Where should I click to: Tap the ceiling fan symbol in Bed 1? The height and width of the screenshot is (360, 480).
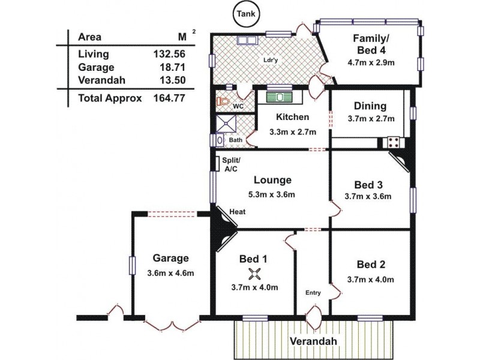(x=254, y=275)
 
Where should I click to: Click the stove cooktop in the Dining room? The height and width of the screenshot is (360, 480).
(x=394, y=143)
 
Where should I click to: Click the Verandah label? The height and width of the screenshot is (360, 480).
(x=314, y=341)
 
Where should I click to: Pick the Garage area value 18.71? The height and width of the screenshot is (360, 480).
(x=167, y=68)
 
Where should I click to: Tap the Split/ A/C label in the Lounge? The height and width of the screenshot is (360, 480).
(x=231, y=165)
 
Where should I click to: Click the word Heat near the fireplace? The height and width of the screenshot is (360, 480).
(x=238, y=212)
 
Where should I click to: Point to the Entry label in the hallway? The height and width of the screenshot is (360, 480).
(x=313, y=293)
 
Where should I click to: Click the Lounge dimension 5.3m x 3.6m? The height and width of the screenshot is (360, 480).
(x=272, y=194)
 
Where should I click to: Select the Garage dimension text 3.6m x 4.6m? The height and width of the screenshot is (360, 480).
(x=170, y=273)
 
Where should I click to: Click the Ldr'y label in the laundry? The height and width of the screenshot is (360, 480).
(x=269, y=60)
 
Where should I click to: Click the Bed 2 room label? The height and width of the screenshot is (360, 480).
(x=370, y=264)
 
